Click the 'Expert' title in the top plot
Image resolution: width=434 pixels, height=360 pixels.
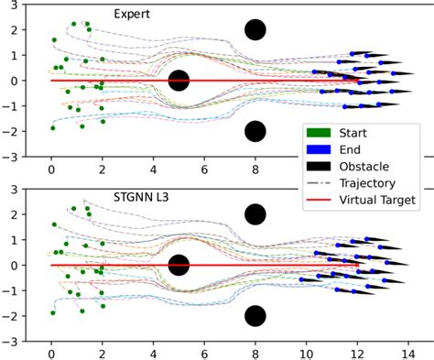[132, 14]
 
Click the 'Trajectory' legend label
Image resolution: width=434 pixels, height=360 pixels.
[369, 182]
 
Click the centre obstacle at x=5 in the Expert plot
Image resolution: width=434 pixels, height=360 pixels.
[179, 81]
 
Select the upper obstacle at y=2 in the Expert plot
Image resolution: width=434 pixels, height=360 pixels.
[255, 29]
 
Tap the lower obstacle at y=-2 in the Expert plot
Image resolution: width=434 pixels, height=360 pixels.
[255, 131]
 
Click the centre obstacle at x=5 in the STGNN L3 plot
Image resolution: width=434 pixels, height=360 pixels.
[179, 266]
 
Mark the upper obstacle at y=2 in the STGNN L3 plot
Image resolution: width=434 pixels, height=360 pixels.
[255, 214]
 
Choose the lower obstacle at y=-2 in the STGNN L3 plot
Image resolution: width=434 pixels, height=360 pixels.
[255, 316]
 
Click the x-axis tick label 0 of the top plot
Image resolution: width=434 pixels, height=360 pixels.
[51, 168]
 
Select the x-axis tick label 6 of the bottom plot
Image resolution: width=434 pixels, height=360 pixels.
[204, 352]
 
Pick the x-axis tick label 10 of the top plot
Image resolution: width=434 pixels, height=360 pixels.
[307, 168]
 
